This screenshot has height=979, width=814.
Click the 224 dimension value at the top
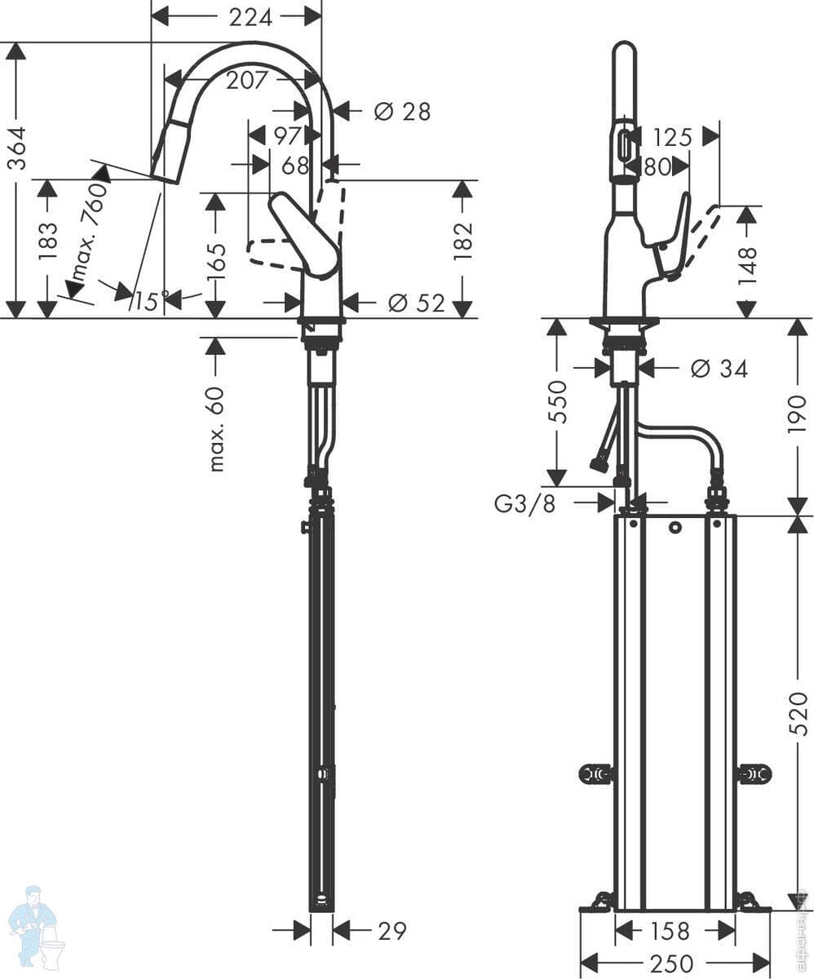point(250,16)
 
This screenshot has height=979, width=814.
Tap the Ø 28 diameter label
point(402,111)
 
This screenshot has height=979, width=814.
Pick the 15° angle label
point(152,301)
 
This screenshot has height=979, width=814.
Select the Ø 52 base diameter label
point(417,303)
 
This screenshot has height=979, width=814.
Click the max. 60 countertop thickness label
point(216,428)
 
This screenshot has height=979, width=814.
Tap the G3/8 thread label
point(525,503)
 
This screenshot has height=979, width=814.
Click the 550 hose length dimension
point(557,401)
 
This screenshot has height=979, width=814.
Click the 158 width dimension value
point(671,930)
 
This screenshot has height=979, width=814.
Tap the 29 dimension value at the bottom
point(392,930)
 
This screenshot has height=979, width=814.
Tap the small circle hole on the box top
point(675,527)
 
